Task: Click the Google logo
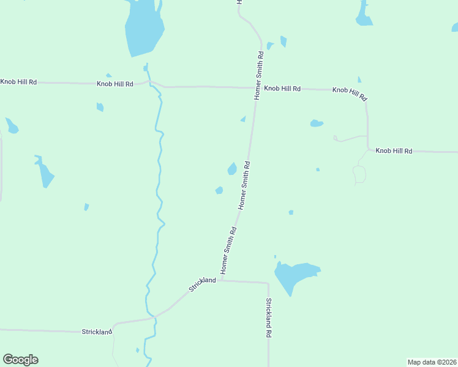[20, 360]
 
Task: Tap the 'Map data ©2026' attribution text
[432, 362]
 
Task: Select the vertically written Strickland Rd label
[268, 318]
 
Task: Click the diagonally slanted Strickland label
[203, 284]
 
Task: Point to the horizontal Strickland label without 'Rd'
[97, 332]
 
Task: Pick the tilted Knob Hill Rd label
[350, 93]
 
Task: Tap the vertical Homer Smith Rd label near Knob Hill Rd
[259, 76]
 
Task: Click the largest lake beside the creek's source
[145, 28]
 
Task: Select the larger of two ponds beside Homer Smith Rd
[232, 168]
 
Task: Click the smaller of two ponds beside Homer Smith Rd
[219, 190]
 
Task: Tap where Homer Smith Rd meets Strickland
[222, 281]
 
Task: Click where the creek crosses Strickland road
[154, 317]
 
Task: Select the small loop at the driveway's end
[359, 175]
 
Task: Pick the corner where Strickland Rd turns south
[268, 283]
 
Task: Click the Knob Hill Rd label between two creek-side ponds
[114, 83]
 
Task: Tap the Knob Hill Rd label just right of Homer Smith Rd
[282, 89]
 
